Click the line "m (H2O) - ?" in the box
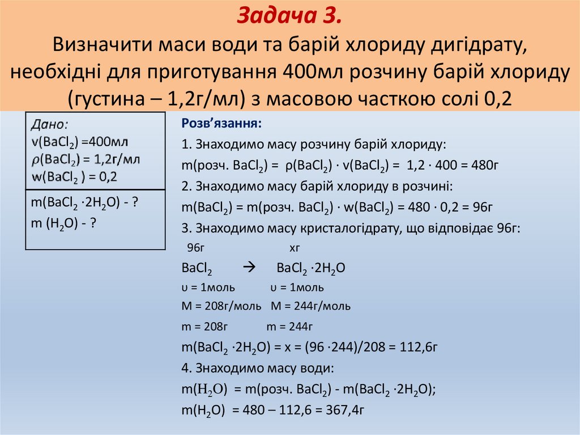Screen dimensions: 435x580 pos(62,224)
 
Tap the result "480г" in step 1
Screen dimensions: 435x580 pos(483,166)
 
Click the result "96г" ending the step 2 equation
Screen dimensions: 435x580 pos(481,207)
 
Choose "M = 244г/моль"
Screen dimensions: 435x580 pos(310,306)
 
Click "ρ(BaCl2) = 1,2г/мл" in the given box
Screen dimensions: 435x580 pos(86,159)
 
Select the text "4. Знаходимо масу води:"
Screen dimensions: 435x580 pos(258,368)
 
